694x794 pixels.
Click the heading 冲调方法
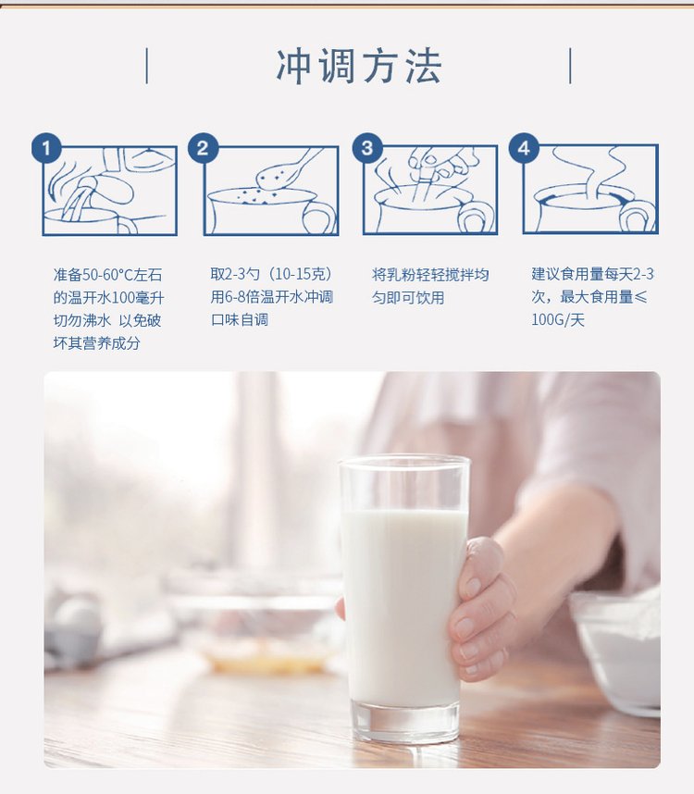(x=359, y=66)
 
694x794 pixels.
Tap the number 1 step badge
(x=46, y=148)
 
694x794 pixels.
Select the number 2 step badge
(x=203, y=148)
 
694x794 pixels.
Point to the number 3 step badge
(x=367, y=148)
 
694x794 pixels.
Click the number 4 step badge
(x=524, y=148)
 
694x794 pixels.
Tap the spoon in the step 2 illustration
(x=287, y=168)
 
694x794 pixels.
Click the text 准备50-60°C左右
(x=108, y=275)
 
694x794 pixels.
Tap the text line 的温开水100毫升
(x=108, y=298)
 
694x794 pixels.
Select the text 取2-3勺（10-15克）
(x=273, y=275)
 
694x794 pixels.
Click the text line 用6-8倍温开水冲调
(x=272, y=297)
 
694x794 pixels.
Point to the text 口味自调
(x=240, y=320)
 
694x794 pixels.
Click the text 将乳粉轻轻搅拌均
(x=430, y=275)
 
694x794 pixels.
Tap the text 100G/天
(x=558, y=320)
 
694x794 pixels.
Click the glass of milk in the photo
(x=404, y=598)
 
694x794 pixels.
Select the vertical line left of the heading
(x=147, y=66)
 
